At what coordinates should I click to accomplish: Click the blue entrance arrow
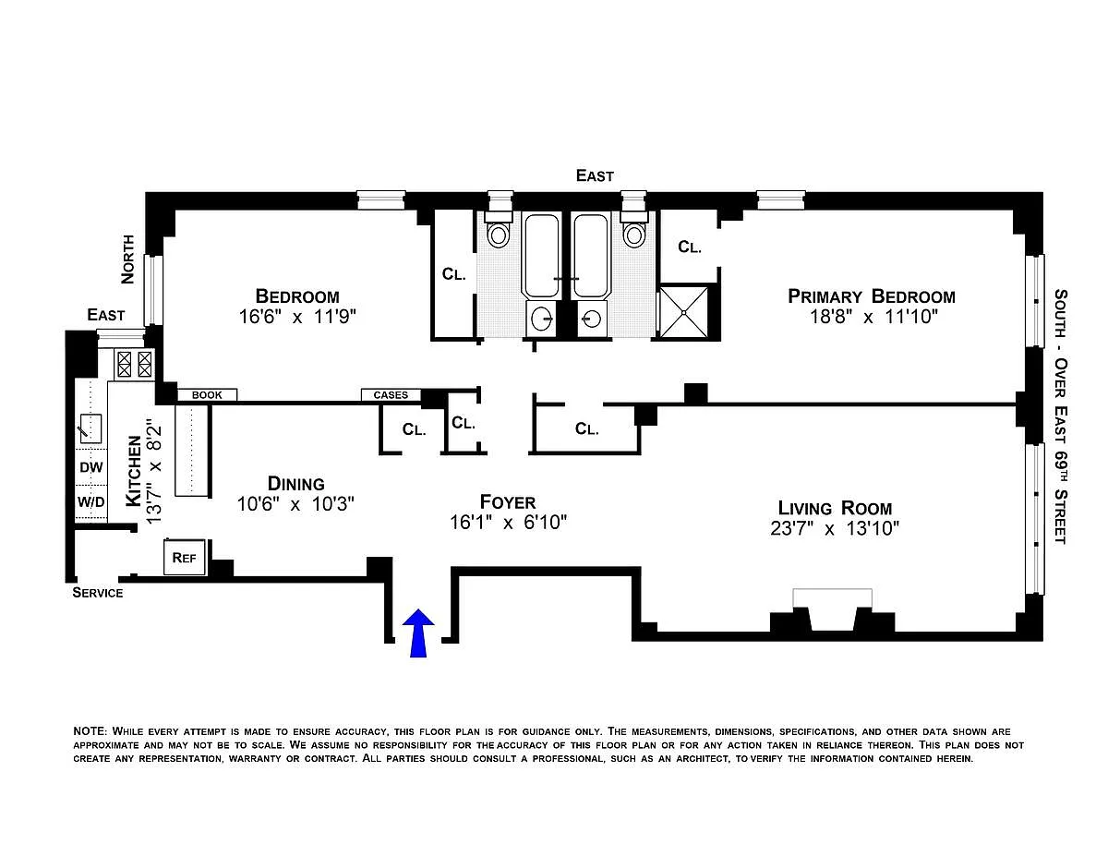(x=418, y=633)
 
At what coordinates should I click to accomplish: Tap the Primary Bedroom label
(x=872, y=296)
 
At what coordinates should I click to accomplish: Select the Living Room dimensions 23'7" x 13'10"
(x=835, y=528)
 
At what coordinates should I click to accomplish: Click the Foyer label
(x=508, y=502)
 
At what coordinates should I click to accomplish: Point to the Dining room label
(x=295, y=483)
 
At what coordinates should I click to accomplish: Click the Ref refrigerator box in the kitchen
(x=184, y=557)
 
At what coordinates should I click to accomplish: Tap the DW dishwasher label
(x=91, y=467)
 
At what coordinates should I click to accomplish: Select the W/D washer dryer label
(x=91, y=502)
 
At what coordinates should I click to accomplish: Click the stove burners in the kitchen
(x=134, y=364)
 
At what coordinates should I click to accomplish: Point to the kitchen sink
(x=90, y=428)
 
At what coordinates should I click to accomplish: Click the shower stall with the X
(x=684, y=312)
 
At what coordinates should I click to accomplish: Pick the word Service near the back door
(x=97, y=593)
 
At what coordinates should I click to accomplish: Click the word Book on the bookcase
(x=207, y=394)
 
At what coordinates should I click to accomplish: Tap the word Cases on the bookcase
(x=391, y=394)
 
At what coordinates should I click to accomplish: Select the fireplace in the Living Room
(x=832, y=612)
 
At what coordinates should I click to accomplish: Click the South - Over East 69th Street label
(x=1060, y=416)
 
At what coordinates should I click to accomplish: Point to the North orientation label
(x=127, y=259)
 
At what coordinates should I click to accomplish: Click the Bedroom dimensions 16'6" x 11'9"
(x=297, y=317)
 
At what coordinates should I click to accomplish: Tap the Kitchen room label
(x=134, y=471)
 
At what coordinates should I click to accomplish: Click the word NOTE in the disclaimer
(x=90, y=730)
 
